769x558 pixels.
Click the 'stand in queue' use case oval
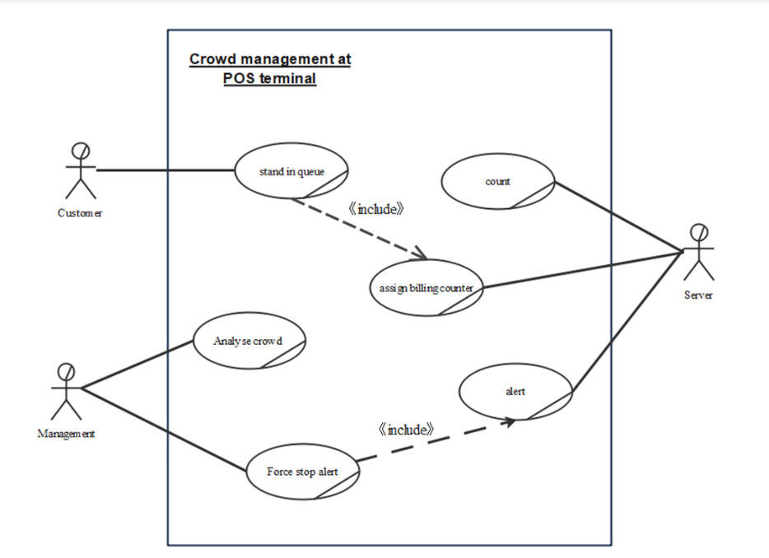pos(292,172)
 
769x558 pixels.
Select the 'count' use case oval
pos(498,181)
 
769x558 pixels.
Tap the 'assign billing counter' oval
pos(426,288)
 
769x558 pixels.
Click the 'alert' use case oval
pos(515,392)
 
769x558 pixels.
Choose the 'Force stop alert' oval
pos(302,472)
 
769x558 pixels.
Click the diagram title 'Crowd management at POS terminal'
pos(270,69)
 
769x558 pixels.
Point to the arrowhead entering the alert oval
pos(509,421)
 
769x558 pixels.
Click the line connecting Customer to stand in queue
pos(165,171)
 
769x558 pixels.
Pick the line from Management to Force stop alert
pos(165,431)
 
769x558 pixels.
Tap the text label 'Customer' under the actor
pos(80,213)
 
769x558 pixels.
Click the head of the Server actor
pos(700,230)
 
